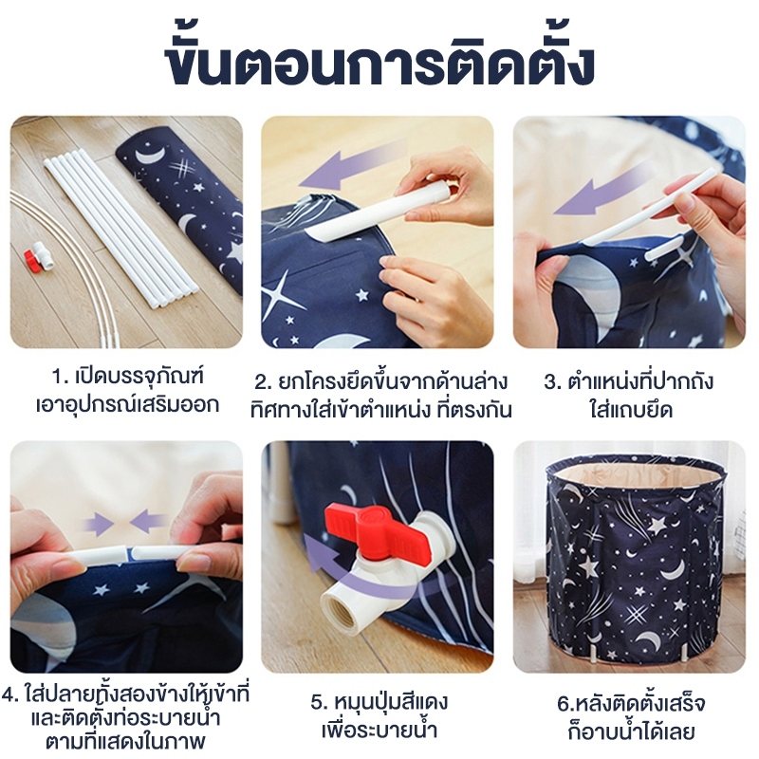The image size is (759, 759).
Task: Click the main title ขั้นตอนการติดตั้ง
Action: click(379, 65)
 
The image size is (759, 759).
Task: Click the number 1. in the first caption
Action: click(60, 377)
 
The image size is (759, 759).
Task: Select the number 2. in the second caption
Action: click(264, 382)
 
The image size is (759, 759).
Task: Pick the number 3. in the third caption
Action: click(552, 382)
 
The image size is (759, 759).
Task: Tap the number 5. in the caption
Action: click(320, 702)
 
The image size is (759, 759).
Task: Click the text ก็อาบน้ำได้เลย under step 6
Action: click(630, 731)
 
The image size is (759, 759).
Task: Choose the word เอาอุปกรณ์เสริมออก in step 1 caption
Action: click(127, 404)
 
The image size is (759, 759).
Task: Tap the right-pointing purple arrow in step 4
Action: click(99, 524)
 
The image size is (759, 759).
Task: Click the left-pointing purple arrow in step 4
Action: click(149, 524)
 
